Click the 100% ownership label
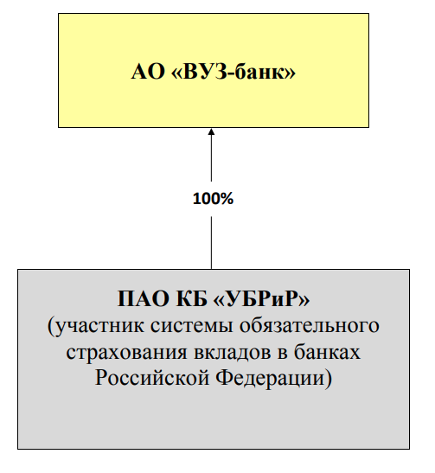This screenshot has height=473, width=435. pyautogui.click(x=213, y=199)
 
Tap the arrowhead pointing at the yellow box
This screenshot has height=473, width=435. pyautogui.click(x=211, y=131)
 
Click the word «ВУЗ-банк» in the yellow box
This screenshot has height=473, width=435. pyautogui.click(x=233, y=72)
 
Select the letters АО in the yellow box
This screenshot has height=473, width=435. pyautogui.click(x=148, y=72)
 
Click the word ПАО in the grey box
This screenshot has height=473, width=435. pyautogui.click(x=144, y=298)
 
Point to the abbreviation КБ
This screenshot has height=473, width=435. pyautogui.click(x=192, y=298)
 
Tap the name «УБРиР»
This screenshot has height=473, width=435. pyautogui.click(x=261, y=298)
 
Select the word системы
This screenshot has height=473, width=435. pyautogui.click(x=192, y=326)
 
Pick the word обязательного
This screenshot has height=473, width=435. pyautogui.click(x=310, y=325)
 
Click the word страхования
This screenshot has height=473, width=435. pyautogui.click(x=127, y=352)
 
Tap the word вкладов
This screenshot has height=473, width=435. pyautogui.click(x=233, y=352)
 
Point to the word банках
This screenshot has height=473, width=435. pyautogui.click(x=327, y=351)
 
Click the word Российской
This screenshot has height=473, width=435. pyautogui.click(x=152, y=377)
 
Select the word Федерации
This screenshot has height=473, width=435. pyautogui.click(x=270, y=378)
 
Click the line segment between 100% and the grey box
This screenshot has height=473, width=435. pyautogui.click(x=211, y=243)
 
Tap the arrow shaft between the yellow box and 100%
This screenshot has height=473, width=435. pyautogui.click(x=211, y=158)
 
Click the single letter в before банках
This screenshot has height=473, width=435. pyautogui.click(x=282, y=352)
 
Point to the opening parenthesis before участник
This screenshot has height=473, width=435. pyautogui.click(x=51, y=326)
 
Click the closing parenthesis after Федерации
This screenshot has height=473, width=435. pyautogui.click(x=329, y=378)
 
